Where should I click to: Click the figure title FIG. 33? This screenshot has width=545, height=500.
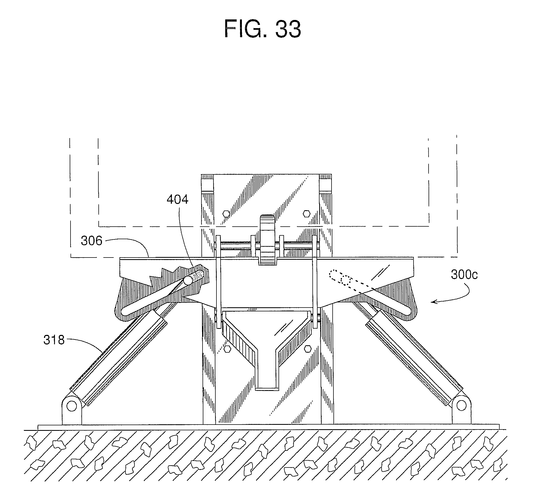click(x=262, y=29)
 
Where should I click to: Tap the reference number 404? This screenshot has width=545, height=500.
click(x=177, y=200)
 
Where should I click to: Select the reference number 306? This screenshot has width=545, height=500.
click(x=92, y=241)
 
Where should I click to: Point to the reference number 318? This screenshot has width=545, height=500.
click(x=54, y=340)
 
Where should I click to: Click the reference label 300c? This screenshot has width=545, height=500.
click(x=464, y=275)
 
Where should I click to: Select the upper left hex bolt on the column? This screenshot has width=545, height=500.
click(x=226, y=214)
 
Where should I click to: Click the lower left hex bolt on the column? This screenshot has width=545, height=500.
click(x=226, y=349)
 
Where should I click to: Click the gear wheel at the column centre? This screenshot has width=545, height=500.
click(x=268, y=241)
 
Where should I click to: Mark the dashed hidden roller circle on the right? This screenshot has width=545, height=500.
click(x=345, y=280)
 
